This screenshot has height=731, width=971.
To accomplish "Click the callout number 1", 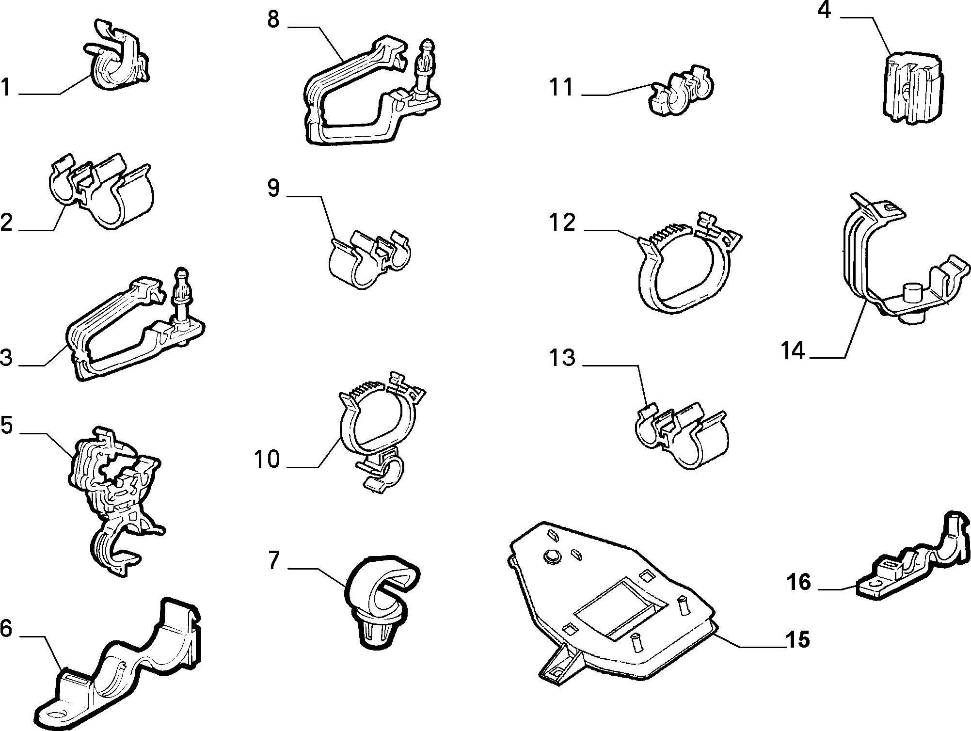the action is point(6,88).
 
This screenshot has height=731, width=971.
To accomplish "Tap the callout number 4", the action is point(825,11).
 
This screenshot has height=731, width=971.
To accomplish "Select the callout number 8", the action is point(273,19).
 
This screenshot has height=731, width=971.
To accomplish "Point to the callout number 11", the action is point(561,88).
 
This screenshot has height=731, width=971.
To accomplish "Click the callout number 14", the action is point(793,350).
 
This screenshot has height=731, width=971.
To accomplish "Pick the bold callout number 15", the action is point(797,640).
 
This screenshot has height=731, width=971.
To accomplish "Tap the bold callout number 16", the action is point(799,582).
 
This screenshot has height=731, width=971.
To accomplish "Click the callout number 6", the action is point(6,628).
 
